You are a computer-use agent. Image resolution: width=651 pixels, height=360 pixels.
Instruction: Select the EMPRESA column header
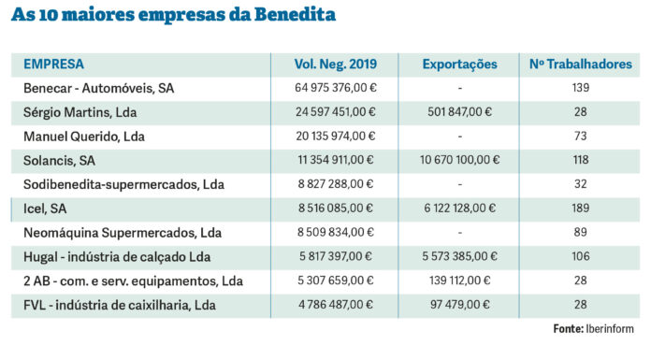click(x=53, y=65)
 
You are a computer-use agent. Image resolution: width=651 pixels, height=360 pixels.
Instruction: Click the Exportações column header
click(x=459, y=65)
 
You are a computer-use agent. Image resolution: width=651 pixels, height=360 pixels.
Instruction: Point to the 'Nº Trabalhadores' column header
click(x=580, y=65)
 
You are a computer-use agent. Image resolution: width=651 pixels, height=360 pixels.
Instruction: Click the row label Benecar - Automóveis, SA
click(x=99, y=89)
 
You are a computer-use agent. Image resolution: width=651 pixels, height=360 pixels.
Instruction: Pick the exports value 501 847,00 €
click(x=459, y=112)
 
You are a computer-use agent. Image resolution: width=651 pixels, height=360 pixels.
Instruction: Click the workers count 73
click(x=580, y=137)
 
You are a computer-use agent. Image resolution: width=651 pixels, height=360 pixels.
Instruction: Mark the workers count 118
click(x=580, y=160)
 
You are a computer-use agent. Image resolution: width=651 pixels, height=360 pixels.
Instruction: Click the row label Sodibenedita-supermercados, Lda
click(x=123, y=184)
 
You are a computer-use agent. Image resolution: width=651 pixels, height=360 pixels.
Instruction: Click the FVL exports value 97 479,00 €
click(x=461, y=304)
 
